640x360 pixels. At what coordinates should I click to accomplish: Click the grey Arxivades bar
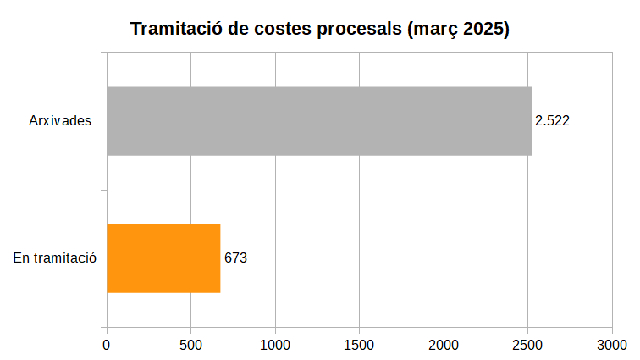tap(318, 121)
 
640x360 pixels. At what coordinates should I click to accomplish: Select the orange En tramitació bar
tap(163, 258)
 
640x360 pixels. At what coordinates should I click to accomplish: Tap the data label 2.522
tap(552, 121)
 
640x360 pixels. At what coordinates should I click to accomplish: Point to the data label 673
tap(235, 258)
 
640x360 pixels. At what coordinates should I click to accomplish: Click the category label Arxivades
tap(60, 121)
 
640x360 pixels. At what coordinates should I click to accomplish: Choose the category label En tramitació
tap(55, 258)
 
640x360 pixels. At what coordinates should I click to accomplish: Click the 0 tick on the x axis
tap(107, 345)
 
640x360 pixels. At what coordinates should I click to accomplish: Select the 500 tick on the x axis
tap(190, 345)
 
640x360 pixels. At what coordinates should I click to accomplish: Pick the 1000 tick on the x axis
tap(275, 345)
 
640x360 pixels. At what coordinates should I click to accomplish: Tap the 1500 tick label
tap(360, 345)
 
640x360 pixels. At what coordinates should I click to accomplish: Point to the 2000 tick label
tap(444, 345)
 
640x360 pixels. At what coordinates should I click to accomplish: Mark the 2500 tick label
tap(528, 345)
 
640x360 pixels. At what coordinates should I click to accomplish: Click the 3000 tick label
tap(612, 345)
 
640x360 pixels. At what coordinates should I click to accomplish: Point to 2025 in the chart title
tap(483, 30)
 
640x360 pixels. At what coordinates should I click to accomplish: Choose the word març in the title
tap(432, 30)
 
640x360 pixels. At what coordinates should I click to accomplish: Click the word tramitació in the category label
tap(65, 258)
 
